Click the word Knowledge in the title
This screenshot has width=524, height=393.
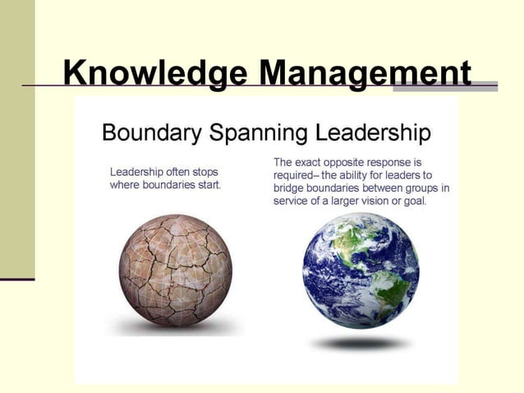(154, 73)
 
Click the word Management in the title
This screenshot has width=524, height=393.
(365, 73)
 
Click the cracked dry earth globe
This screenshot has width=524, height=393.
(175, 271)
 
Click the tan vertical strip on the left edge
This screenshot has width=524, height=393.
(17, 140)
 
